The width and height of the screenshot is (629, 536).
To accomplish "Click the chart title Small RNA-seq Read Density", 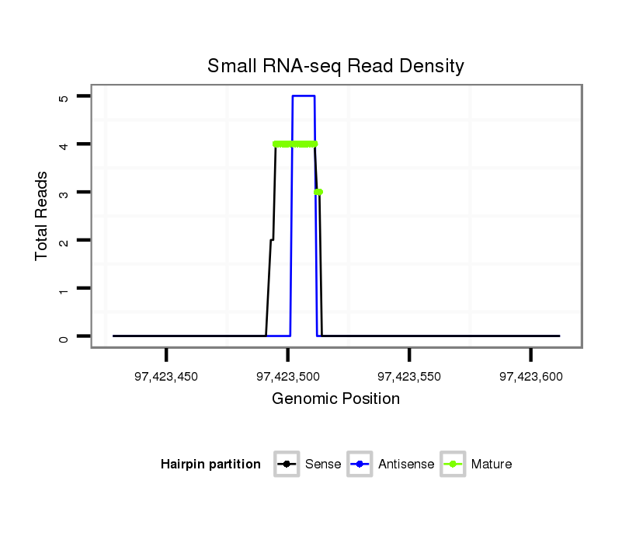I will coord(335,66).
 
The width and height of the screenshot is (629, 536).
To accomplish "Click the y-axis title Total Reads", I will coord(42,216).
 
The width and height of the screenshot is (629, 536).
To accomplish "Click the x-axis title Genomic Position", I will coord(335,399).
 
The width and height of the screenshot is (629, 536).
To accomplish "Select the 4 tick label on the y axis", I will coord(63,144).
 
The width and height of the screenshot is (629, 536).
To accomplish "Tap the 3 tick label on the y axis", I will coord(63,193).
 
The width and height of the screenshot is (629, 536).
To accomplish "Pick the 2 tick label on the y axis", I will coord(63,241).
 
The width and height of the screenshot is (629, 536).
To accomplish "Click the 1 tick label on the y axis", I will coord(63,289).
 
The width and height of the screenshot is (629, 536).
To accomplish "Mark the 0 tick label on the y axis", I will coord(63,337).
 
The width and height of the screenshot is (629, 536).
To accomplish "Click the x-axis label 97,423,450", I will coord(166,377).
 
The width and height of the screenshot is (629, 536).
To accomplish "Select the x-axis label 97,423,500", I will coord(287,377).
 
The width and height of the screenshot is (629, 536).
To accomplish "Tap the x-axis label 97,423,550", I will coord(409,377).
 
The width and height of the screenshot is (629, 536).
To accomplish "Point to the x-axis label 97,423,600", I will coord(530,377).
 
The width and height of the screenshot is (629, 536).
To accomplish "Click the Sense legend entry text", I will coord(323,465).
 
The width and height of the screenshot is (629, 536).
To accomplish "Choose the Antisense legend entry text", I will coord(406,465).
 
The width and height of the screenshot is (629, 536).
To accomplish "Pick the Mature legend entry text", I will coord(492,465).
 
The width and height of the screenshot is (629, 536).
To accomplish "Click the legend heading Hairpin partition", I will coord(210,465).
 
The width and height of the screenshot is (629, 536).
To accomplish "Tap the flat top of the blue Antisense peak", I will coord(304,96).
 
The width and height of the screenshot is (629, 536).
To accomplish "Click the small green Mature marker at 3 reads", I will coord(318,192).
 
